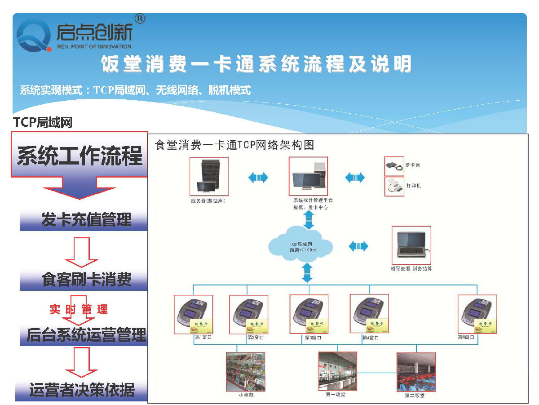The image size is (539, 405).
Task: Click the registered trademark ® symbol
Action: click(140, 19)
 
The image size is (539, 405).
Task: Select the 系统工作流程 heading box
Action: click(80, 155)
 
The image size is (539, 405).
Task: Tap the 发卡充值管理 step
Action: click(84, 220)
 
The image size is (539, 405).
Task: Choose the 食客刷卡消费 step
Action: click(84, 280)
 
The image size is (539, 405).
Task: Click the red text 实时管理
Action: click(79, 309)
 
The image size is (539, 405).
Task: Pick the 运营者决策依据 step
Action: click(82, 390)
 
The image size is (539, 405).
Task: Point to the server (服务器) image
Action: click(208, 177)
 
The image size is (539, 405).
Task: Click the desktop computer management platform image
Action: click(308, 177)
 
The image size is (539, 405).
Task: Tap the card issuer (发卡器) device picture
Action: click(394, 166)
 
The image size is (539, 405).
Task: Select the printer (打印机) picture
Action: click(394, 186)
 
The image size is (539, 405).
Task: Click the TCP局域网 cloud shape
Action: click(300, 247)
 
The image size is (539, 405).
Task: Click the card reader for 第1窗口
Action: click(194, 314)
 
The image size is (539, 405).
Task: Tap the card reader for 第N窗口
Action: click(477, 314)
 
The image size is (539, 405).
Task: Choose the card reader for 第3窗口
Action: click(309, 314)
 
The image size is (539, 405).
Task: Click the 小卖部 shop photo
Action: click(246, 371)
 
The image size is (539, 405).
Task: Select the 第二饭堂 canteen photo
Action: click(416, 372)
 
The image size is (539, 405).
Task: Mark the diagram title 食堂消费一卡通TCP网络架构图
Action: click(234, 145)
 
